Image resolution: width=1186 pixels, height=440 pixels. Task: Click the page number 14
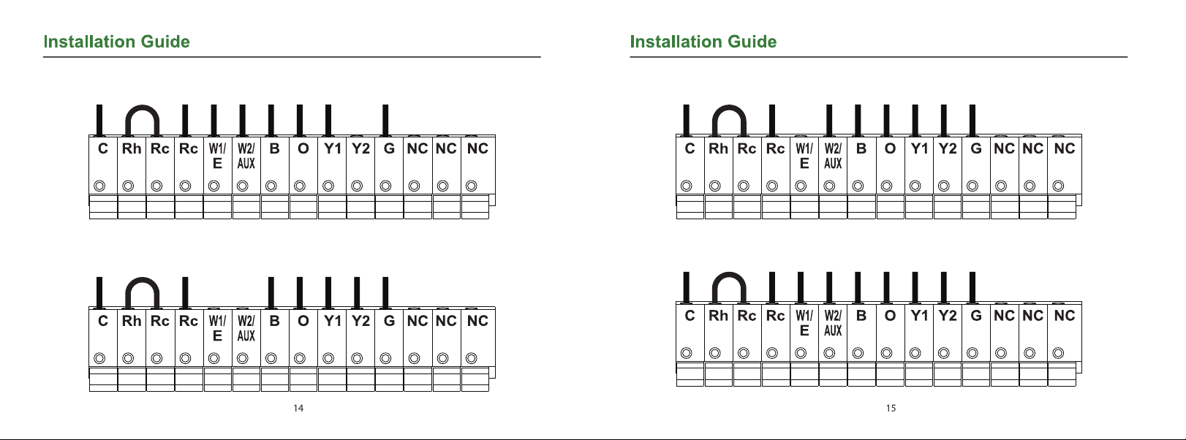[298, 408]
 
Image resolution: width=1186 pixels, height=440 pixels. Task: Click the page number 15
[891, 408]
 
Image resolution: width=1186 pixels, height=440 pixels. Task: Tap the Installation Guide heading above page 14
[116, 42]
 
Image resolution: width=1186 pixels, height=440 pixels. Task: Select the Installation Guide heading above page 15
[703, 42]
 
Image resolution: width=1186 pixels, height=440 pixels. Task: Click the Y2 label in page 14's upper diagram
[360, 148]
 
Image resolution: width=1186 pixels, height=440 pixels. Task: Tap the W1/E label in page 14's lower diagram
[217, 327]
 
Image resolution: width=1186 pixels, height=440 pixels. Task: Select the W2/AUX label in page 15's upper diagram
[833, 155]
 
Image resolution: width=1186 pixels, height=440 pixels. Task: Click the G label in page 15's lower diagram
[976, 315]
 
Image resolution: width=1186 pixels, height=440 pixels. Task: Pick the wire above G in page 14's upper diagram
[386, 120]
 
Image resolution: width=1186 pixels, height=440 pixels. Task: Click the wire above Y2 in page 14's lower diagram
[358, 292]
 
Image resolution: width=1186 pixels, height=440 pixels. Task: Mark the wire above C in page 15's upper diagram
[686, 120]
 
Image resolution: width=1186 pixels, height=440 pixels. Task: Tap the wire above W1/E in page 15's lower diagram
[801, 287]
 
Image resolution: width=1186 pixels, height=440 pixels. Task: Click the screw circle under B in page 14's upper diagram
[271, 186]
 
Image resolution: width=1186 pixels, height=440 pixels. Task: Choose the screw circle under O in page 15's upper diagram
[887, 186]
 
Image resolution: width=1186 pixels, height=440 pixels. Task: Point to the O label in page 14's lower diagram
[303, 321]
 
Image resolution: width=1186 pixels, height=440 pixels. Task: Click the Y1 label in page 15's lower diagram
[919, 315]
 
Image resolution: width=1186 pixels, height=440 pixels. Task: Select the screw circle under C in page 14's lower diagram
[100, 358]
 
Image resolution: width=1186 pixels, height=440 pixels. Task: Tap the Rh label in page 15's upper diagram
[718, 148]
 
